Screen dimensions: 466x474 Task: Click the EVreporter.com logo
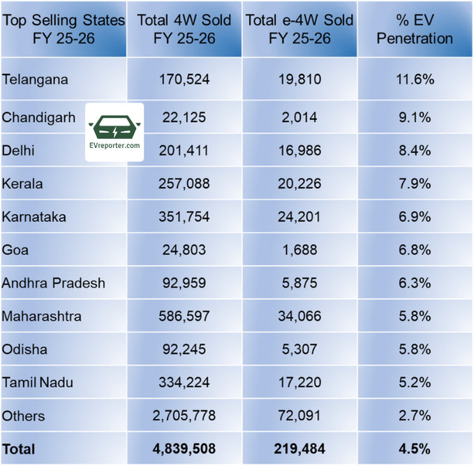114,133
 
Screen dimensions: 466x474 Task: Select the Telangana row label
36,79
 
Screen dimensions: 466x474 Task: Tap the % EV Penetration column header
415,29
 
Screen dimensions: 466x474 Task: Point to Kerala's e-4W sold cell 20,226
298,184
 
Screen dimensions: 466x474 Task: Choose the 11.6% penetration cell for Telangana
415,79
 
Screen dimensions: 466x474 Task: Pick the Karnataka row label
34,217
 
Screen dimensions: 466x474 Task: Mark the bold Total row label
18,448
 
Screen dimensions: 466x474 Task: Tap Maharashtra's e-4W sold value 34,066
298,316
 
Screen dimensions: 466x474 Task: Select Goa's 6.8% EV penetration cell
415,250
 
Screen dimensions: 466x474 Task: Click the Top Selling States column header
64,29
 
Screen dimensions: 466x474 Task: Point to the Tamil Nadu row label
38,382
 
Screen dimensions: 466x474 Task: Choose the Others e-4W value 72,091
298,416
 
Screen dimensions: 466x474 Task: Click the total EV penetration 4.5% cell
415,448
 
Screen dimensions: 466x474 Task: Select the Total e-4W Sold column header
298,29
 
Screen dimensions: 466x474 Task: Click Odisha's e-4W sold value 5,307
298,349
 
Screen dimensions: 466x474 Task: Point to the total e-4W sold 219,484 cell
298,448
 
